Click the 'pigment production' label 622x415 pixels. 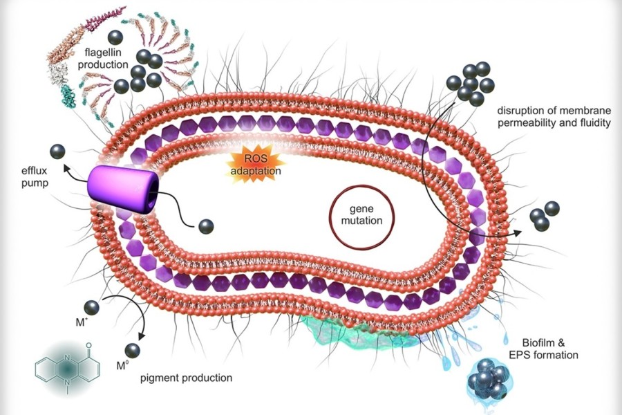pyautogui.click(x=186, y=378)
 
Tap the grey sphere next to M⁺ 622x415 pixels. pyautogui.click(x=92, y=307)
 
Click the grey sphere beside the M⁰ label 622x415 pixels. pyautogui.click(x=133, y=351)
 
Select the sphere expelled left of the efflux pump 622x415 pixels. pyautogui.click(x=58, y=151)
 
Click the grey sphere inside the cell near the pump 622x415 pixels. pyautogui.click(x=206, y=226)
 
